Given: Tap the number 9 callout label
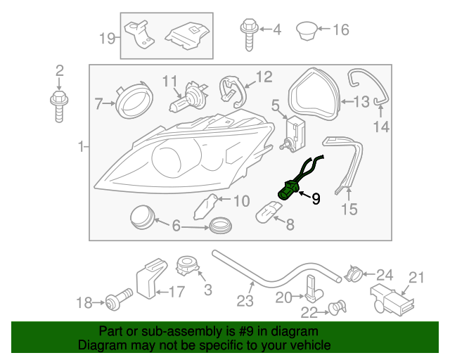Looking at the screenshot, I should click(316, 199).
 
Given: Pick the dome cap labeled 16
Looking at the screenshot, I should click(306, 30).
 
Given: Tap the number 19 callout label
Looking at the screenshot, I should click(107, 38).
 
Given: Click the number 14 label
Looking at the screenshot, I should click(380, 127).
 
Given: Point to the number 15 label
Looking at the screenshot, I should click(349, 209).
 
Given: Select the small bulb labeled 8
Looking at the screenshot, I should click(266, 210).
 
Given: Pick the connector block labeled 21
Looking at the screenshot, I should click(392, 301).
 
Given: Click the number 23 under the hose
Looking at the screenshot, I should click(244, 301).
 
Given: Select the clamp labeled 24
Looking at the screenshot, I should click(356, 273).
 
